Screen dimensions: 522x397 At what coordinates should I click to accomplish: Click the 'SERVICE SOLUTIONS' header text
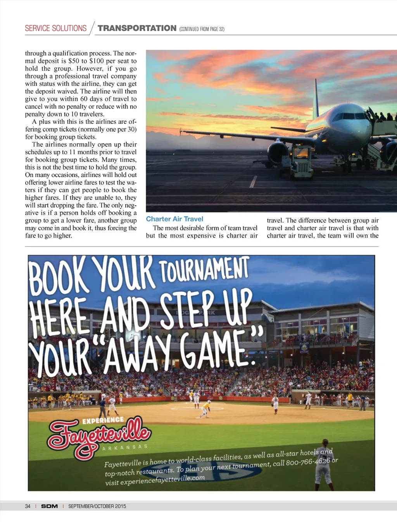(x=55, y=28)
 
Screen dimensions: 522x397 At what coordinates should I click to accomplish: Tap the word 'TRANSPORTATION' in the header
(x=137, y=28)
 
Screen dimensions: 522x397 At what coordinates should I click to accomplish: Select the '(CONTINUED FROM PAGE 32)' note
(x=202, y=29)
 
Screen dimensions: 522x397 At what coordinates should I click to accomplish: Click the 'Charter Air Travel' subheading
(x=174, y=219)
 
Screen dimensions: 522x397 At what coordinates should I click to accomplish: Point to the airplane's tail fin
(x=316, y=99)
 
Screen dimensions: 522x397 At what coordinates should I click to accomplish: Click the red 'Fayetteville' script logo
(x=99, y=437)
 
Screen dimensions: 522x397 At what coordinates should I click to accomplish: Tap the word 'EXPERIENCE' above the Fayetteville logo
(x=103, y=420)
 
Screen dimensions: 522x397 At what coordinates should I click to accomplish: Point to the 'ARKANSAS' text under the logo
(x=125, y=447)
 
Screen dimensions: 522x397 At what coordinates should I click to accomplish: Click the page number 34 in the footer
(x=28, y=506)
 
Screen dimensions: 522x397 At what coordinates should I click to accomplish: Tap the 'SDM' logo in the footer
(x=49, y=506)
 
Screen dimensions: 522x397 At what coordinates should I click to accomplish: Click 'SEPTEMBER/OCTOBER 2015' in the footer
(x=97, y=506)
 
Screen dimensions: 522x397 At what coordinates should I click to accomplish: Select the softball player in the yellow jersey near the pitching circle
(x=205, y=409)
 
